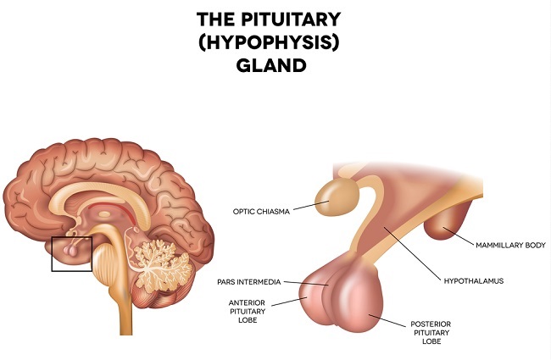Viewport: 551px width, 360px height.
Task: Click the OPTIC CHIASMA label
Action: [259, 211]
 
